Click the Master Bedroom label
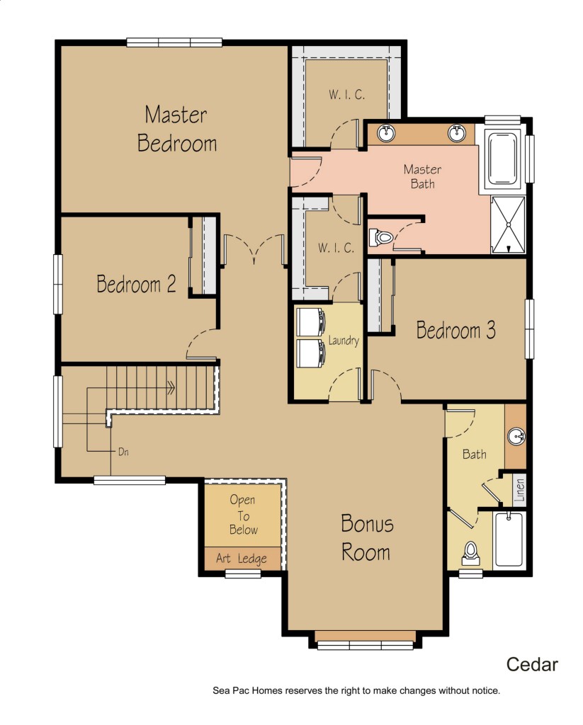[x=177, y=129]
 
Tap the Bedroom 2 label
[x=137, y=283]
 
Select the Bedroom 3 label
[x=456, y=330]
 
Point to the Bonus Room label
[x=367, y=538]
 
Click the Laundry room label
[x=344, y=341]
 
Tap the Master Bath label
[x=422, y=176]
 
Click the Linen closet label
[x=520, y=490]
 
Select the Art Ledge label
[x=242, y=559]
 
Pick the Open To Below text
[x=243, y=515]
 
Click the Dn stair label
[x=123, y=452]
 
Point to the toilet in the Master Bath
[x=381, y=238]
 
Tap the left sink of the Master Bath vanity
[x=386, y=133]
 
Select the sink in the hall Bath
[x=516, y=436]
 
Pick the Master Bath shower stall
[x=508, y=225]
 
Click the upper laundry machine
[x=310, y=322]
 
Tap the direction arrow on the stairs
[x=171, y=388]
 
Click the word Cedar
[x=532, y=664]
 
